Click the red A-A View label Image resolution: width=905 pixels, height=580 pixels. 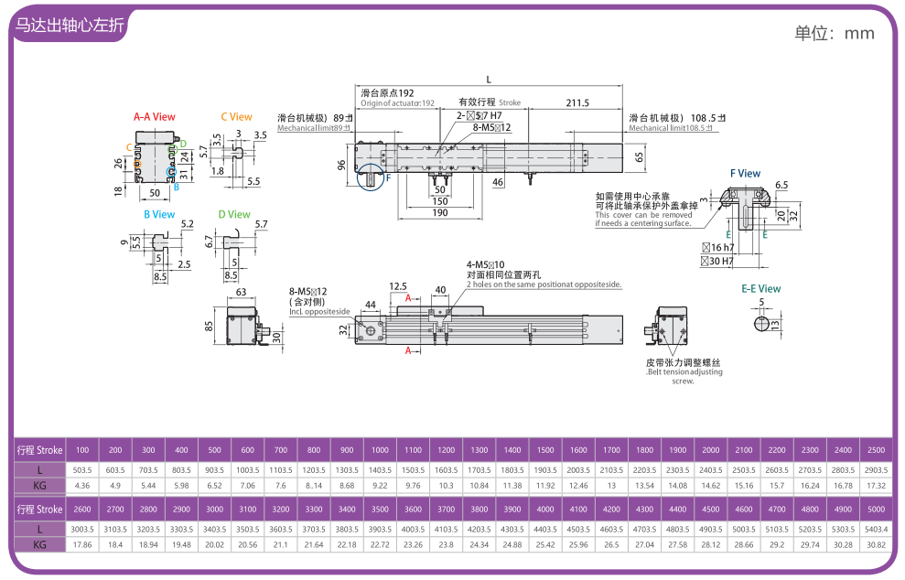click(154, 117)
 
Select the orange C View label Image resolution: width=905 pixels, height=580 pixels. click(236, 117)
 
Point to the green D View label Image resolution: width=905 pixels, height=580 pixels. click(234, 215)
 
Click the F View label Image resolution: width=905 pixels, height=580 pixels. click(745, 174)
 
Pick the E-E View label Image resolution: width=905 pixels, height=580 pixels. click(760, 289)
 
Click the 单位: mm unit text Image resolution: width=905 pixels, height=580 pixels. click(834, 34)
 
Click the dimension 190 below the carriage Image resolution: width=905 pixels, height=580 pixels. click(440, 212)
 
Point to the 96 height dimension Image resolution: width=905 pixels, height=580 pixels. click(341, 165)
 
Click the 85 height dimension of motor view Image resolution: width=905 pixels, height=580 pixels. click(209, 325)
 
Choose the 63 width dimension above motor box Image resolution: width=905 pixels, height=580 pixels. click(242, 293)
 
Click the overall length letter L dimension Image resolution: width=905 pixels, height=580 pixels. click(489, 79)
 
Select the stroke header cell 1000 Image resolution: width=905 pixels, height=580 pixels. click(380, 450)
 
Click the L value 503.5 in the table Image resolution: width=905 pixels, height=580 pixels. click(82, 469)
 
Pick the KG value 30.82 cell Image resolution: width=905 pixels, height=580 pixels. click(875, 544)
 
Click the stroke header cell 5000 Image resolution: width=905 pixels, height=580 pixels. click(875, 510)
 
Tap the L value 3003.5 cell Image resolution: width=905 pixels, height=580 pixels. click(82, 529)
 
